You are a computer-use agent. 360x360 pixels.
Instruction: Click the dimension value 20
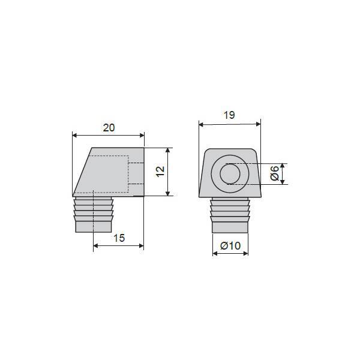(x=109, y=128)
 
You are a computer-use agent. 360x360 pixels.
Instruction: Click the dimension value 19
(x=229, y=115)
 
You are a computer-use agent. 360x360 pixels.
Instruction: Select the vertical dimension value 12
(x=160, y=171)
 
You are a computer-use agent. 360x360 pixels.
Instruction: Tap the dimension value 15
(x=119, y=238)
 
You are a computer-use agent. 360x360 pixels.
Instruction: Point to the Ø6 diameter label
(x=275, y=173)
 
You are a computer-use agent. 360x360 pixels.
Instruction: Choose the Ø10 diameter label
(x=230, y=245)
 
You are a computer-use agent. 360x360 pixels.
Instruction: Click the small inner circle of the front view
(x=230, y=174)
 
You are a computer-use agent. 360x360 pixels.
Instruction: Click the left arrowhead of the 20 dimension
(x=75, y=135)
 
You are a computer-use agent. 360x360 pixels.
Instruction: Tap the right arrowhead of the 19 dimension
(x=258, y=124)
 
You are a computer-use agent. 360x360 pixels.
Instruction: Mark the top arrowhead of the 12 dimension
(x=168, y=150)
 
